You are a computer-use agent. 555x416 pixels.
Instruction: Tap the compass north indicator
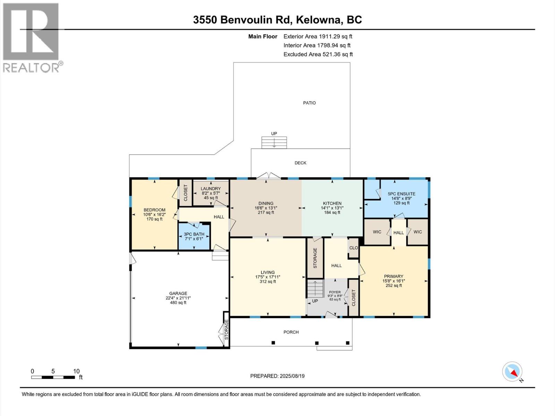tap(512, 372)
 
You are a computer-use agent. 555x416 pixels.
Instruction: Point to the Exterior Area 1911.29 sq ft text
tap(318, 36)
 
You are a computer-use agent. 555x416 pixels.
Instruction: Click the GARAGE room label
tap(178, 293)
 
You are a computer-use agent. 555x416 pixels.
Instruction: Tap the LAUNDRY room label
tap(211, 189)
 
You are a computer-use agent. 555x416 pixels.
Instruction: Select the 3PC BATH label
tap(194, 234)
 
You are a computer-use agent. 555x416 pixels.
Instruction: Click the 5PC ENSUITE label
tap(401, 194)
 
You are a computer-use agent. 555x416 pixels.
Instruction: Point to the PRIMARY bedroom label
tap(393, 276)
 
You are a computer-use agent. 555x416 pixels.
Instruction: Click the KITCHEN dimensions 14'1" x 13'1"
tap(332, 208)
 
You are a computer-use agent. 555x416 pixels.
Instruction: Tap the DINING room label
tap(266, 203)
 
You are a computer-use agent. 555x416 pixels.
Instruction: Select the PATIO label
tap(309, 103)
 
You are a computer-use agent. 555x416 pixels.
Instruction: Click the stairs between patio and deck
tap(274, 142)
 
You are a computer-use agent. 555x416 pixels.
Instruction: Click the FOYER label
tap(335, 292)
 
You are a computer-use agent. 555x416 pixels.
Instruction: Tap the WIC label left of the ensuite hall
tap(377, 232)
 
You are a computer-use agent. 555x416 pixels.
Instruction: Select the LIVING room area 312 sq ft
tap(267, 282)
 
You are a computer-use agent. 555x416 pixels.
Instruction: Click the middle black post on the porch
tap(317, 343)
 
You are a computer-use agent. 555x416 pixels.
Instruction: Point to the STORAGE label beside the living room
tap(315, 258)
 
